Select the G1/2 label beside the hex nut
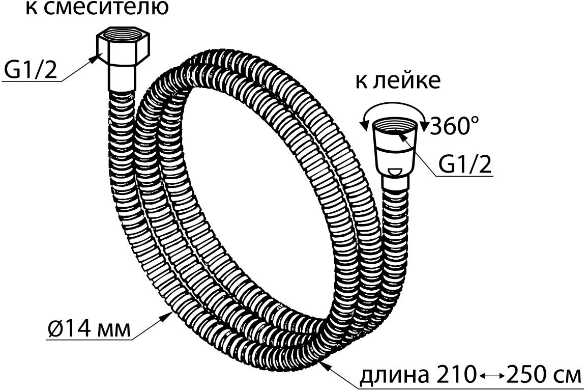[30, 71]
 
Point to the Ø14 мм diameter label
[87, 329]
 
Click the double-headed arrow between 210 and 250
[492, 376]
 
